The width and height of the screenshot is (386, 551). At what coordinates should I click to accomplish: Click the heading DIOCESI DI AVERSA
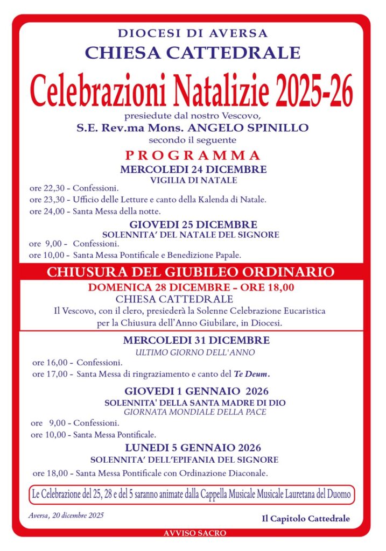pyautogui.click(x=193, y=33)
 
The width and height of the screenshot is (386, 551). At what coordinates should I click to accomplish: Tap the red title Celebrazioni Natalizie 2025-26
pyautogui.click(x=192, y=91)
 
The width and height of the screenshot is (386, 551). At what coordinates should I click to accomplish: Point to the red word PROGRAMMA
pyautogui.click(x=193, y=156)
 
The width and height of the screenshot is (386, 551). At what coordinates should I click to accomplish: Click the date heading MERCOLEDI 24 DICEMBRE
pyautogui.click(x=193, y=169)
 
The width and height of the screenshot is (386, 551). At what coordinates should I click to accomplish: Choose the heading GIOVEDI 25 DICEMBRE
pyautogui.click(x=193, y=224)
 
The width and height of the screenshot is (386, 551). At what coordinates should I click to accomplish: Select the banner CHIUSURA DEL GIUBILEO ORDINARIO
pyautogui.click(x=190, y=272)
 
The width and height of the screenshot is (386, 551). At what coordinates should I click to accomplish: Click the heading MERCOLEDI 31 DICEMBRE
pyautogui.click(x=196, y=340)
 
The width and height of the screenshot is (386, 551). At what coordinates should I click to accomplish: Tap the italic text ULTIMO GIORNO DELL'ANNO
pyautogui.click(x=195, y=352)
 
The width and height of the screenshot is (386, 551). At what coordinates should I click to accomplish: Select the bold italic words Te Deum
pyautogui.click(x=251, y=374)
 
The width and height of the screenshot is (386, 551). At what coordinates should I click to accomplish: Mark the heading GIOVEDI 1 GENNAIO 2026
pyautogui.click(x=196, y=391)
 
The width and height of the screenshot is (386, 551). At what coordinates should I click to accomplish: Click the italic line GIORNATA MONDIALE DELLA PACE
pyautogui.click(x=195, y=412)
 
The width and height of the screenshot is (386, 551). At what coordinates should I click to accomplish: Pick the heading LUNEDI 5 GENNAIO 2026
pyautogui.click(x=193, y=448)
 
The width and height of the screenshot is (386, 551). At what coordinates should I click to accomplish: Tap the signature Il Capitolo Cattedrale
pyautogui.click(x=306, y=519)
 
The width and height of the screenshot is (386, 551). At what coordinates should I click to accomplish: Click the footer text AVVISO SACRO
pyautogui.click(x=195, y=533)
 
